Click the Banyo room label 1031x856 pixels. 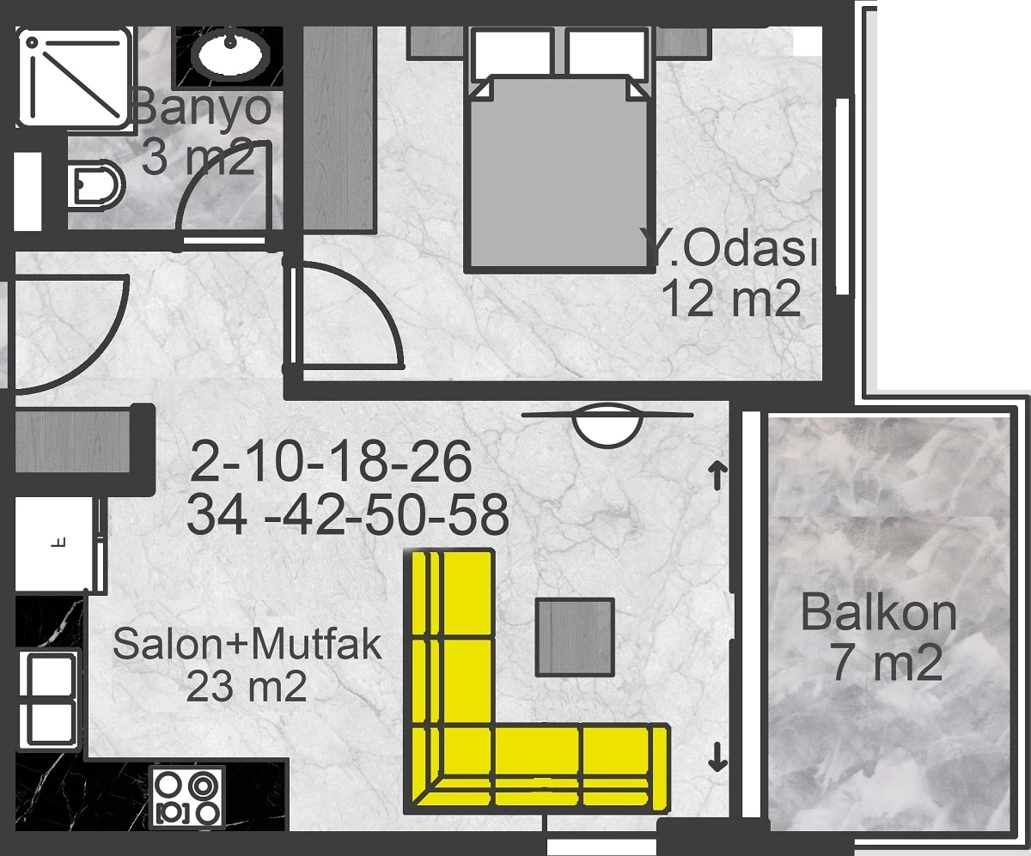203,107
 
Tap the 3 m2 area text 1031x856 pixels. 198,157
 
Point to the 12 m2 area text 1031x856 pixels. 731,299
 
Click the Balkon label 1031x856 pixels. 878,613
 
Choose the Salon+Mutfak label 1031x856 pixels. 247,644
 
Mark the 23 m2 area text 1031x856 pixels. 246,686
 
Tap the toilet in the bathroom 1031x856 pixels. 95,185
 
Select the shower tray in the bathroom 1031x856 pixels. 74,78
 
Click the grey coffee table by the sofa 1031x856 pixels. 576,637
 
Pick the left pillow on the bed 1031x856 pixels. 511,54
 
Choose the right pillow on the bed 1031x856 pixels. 607,54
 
